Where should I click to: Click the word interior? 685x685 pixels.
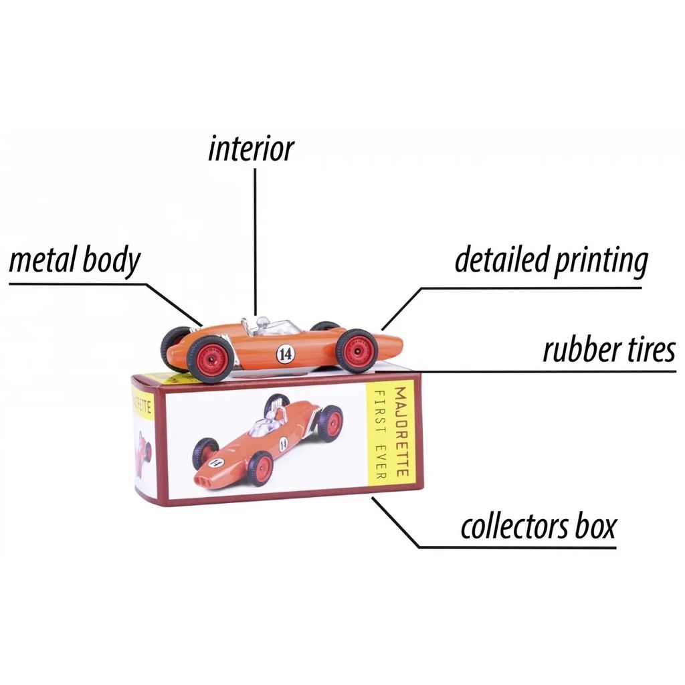pyautogui.click(x=251, y=149)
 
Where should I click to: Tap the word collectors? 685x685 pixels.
pyautogui.click(x=513, y=526)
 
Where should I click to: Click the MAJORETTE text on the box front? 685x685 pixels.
pyautogui.click(x=401, y=431)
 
